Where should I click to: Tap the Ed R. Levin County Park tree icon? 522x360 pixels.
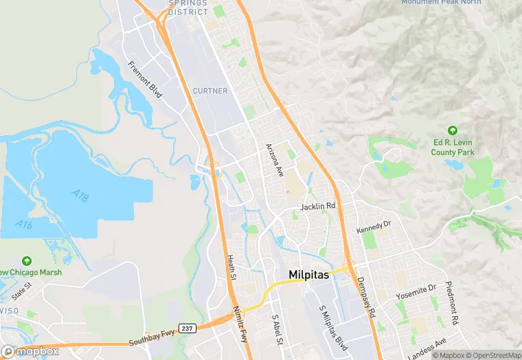(x=452, y=131)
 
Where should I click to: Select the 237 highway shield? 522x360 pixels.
(x=186, y=328)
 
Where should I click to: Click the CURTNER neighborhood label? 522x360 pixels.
(x=209, y=91)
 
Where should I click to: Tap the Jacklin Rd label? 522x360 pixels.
(x=318, y=206)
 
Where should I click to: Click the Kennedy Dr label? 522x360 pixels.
(x=373, y=225)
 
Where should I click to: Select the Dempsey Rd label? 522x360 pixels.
(x=366, y=297)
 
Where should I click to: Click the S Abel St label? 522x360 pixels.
(x=277, y=331)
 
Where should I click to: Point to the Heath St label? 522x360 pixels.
(x=231, y=268)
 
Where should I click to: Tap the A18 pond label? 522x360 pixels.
(x=80, y=195)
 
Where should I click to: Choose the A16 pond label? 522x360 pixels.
(x=25, y=225)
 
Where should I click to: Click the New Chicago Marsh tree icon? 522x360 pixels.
(x=26, y=261)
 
